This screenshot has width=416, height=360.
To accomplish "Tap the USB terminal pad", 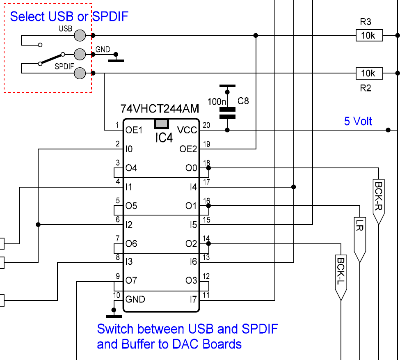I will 80,36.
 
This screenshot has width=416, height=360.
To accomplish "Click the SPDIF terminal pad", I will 80,73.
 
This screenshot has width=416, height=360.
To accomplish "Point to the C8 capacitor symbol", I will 227,113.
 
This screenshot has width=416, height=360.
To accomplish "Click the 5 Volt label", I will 358,121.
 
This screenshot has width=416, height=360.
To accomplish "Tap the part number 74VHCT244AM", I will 160,109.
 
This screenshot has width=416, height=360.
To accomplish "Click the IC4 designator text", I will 164,138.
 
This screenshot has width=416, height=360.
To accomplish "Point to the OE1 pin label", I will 134,130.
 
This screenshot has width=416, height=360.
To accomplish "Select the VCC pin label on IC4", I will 187,130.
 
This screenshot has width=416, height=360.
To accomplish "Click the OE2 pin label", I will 188,149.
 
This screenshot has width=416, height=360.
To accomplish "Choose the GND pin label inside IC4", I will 135,299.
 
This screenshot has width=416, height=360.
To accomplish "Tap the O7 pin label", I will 131,280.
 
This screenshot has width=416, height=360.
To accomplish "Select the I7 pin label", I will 193,299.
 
